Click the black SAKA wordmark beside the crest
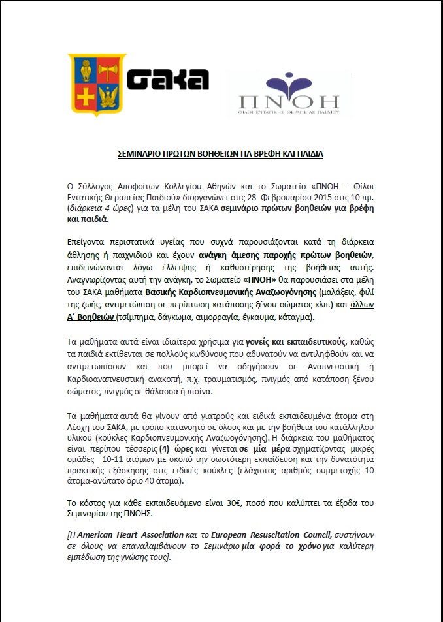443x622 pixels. [x=167, y=80]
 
